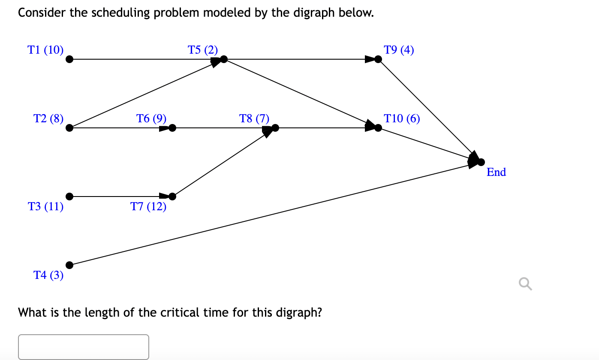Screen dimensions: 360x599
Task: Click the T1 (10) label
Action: pos(45,50)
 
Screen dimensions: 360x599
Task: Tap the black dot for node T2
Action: pos(69,127)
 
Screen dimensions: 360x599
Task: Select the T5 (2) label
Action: pos(203,50)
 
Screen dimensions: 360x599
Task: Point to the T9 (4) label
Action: pos(399,50)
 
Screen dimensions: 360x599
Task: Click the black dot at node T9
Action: pos(378,59)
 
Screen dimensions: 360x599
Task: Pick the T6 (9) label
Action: pos(151,118)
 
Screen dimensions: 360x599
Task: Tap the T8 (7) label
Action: pos(254,118)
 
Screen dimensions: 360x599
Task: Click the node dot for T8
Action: pos(275,127)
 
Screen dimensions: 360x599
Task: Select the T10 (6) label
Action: pos(402,118)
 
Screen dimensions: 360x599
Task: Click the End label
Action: pos(496,172)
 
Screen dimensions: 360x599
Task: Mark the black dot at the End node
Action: pos(481,162)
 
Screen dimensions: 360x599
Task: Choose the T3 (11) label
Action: pos(45,207)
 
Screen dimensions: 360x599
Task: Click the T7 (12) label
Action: pos(148,207)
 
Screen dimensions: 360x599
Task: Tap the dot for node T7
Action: pos(172,197)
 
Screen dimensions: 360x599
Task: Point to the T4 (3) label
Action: pos(48,275)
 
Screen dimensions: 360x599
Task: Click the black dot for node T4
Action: pos(69,265)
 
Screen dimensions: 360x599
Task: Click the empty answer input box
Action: pos(84,346)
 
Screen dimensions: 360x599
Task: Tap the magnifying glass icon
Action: pos(525,284)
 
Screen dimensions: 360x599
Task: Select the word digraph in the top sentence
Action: pos(315,13)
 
